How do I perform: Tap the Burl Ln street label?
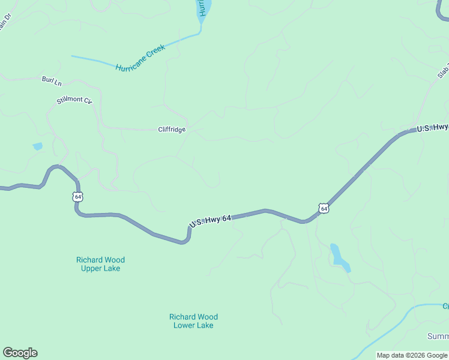click(51, 79)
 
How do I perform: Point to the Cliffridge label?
click(172, 129)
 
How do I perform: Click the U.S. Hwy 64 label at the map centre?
click(211, 221)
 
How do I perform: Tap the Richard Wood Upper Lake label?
click(100, 264)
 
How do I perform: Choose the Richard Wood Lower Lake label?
click(193, 321)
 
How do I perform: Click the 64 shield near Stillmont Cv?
click(77, 196)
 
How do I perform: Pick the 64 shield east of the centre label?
click(324, 208)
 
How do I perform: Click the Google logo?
click(20, 353)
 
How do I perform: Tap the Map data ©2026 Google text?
click(412, 355)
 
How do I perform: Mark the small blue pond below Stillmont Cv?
click(37, 146)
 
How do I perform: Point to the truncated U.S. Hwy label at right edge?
click(432, 128)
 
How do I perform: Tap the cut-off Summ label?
click(438, 336)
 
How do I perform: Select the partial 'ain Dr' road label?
click(5, 26)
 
